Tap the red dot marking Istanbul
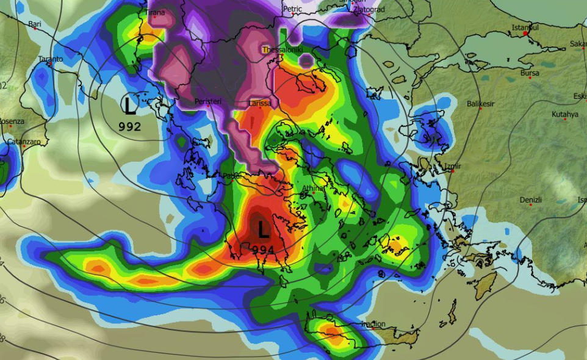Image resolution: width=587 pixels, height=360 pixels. pyautogui.click(x=526, y=34)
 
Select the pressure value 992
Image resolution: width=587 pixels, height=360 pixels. pyautogui.click(x=130, y=127)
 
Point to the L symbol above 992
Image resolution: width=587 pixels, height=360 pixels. pyautogui.click(x=130, y=106)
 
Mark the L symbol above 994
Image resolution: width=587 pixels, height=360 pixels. pyautogui.click(x=264, y=230)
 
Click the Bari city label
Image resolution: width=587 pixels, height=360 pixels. pyautogui.click(x=35, y=24)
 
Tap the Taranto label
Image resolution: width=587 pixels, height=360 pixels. pyautogui.click(x=51, y=59)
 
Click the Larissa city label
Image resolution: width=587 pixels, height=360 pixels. pyautogui.click(x=260, y=103)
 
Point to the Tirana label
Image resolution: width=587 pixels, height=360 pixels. pyautogui.click(x=156, y=12)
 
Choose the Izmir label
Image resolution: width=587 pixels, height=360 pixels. pyautogui.click(x=453, y=166)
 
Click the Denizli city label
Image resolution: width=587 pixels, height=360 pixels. pyautogui.click(x=530, y=200)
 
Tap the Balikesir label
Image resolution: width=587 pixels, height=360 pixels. pyautogui.click(x=480, y=104)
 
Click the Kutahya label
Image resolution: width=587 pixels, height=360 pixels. pyautogui.click(x=564, y=114)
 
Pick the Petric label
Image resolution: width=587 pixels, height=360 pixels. pyautogui.click(x=293, y=9)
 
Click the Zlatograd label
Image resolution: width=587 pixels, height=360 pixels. pyautogui.click(x=357, y=9)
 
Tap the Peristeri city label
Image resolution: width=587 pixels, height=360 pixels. pyautogui.click(x=208, y=101)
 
